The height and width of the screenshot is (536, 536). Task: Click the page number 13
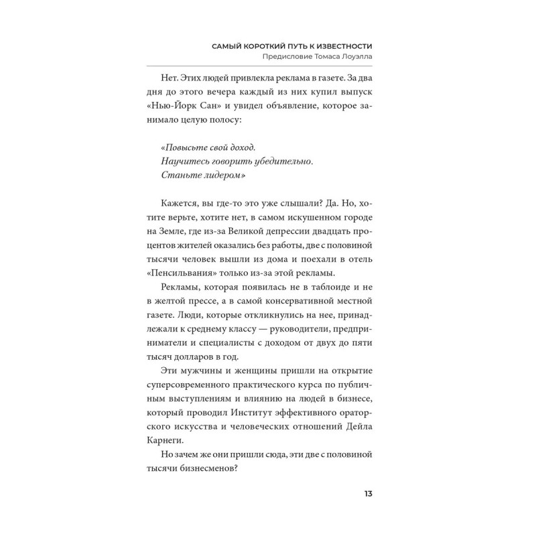tap(368, 494)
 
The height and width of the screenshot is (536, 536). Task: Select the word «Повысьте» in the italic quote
tap(185, 145)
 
